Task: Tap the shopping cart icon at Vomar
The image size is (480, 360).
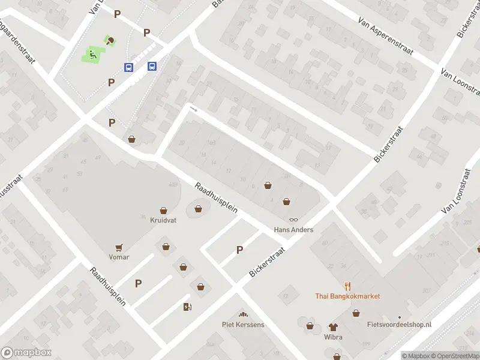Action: pos(119,247)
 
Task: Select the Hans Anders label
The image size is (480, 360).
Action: pos(293,230)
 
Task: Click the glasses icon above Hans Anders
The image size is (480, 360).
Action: pos(293,220)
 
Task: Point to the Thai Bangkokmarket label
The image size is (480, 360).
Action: pos(347,296)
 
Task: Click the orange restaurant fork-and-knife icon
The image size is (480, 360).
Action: pos(347,286)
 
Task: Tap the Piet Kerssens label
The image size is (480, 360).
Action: pos(243,325)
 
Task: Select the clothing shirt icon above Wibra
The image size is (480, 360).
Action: pos(333,327)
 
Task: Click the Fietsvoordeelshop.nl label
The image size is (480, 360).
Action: pos(399,325)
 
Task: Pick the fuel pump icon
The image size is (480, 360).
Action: pos(187,307)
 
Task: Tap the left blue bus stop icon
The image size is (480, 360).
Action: pos(128,67)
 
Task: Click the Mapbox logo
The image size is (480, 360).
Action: pos(26,353)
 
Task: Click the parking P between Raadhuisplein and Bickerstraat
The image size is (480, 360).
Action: pos(239,250)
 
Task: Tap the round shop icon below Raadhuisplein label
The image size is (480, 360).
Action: pos(198,209)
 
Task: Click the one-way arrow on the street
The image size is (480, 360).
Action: pos(193,109)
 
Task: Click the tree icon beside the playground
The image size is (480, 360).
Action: pos(110,41)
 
